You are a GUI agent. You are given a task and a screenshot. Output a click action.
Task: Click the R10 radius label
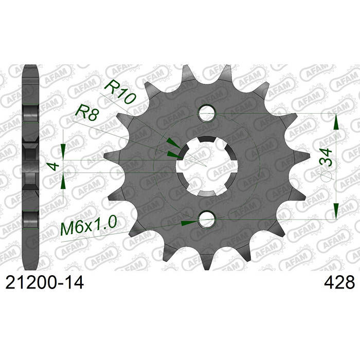point(120,92)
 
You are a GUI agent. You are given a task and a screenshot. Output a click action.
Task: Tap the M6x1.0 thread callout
point(88,226)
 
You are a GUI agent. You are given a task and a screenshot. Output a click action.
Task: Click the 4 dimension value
point(54,166)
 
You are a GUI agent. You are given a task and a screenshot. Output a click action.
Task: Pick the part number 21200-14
point(45,282)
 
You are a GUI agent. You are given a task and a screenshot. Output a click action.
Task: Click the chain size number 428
point(339,282)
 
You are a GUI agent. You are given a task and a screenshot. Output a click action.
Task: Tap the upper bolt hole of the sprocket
point(207,114)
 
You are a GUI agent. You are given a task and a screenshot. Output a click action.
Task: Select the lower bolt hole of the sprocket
point(207,220)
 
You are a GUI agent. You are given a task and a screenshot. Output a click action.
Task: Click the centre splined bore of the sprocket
point(207,167)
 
